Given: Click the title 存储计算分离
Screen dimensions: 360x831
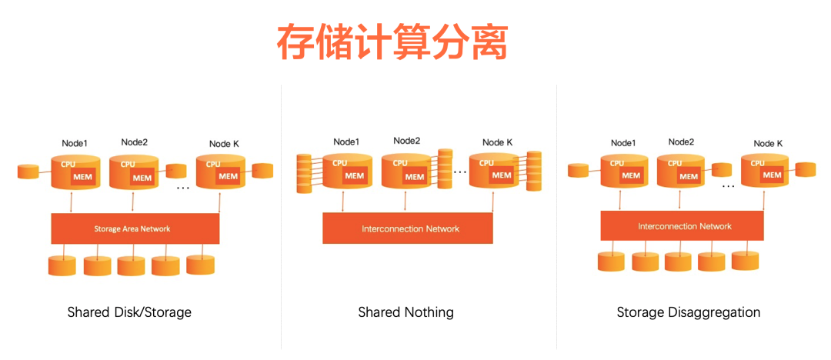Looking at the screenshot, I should [x=392, y=42].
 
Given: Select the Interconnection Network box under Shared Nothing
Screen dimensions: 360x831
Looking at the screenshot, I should [x=407, y=228].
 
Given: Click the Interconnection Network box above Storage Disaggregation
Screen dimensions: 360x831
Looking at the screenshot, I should [x=682, y=226].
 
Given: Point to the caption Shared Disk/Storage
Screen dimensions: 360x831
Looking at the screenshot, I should [x=129, y=312].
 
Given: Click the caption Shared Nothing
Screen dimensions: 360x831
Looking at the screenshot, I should [x=405, y=312].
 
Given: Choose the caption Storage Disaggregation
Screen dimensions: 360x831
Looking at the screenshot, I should [x=688, y=312].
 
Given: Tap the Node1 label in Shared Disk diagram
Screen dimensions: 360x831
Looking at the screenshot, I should [x=75, y=143].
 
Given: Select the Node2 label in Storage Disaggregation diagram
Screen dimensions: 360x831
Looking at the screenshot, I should [x=681, y=142].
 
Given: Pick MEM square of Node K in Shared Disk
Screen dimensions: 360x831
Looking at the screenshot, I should [x=229, y=176].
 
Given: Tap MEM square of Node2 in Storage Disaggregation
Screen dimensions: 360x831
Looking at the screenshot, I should [x=688, y=176].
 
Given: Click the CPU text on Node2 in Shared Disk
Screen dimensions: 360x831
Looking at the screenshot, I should [x=128, y=164].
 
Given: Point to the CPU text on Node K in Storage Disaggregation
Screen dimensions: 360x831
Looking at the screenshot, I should [x=757, y=163].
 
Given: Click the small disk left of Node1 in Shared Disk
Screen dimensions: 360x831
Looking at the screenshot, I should [x=28, y=172].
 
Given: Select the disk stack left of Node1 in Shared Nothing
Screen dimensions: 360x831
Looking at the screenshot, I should [x=303, y=172].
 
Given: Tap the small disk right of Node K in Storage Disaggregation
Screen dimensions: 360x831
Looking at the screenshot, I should [x=806, y=169].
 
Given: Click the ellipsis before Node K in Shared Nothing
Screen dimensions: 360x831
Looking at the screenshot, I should [x=459, y=172].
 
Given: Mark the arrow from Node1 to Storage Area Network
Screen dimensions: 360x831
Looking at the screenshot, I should [x=72, y=202].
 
